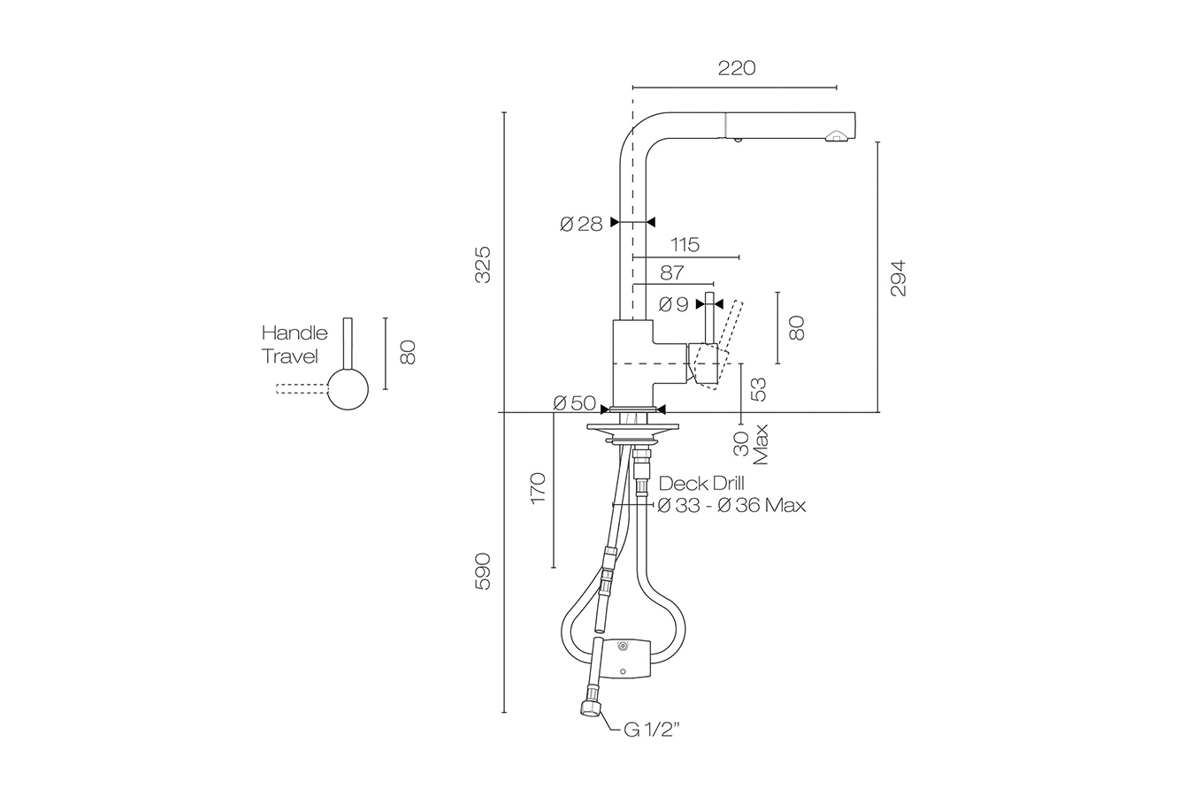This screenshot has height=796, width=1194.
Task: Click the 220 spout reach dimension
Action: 736,68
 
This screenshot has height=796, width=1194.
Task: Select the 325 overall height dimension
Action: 483,264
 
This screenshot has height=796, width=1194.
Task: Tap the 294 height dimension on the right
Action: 899,278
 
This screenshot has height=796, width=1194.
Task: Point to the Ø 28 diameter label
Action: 580,224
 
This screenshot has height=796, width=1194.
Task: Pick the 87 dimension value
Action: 671,273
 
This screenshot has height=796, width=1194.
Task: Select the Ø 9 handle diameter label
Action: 673,304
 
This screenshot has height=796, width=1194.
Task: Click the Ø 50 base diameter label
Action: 574,403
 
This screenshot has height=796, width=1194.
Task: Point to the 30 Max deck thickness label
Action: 752,444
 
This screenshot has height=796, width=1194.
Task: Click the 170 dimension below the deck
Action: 538,490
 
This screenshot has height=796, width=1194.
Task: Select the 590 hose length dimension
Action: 483,572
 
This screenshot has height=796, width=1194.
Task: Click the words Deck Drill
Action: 702,484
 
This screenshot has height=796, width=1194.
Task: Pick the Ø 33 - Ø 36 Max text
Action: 731,506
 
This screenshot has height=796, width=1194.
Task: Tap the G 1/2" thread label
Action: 651,730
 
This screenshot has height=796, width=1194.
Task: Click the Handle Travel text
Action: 294,345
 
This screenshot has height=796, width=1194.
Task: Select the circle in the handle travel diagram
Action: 348,389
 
